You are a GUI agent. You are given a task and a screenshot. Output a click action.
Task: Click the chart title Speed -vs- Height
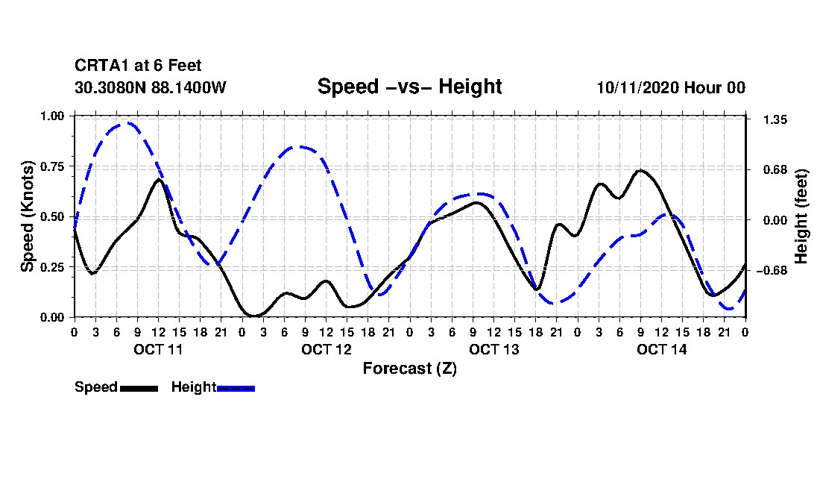point(409,87)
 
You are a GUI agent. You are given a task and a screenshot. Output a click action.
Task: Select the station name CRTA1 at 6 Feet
point(138,66)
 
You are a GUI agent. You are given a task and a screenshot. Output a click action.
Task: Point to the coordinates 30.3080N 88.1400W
point(150,87)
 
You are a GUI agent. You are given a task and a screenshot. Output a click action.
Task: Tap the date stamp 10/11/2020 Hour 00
point(671,87)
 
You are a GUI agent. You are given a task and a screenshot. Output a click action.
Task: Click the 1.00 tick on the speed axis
point(54,116)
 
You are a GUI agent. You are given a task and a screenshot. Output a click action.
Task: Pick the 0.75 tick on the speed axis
point(54,166)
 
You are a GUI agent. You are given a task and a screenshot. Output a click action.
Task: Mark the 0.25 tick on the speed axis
point(54,267)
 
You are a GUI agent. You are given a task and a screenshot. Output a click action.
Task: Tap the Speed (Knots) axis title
point(28,216)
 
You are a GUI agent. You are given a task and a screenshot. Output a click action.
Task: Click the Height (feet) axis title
point(801,216)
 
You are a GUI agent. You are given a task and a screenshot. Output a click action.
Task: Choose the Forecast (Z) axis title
point(409,369)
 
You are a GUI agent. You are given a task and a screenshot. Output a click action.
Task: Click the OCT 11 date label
point(157,349)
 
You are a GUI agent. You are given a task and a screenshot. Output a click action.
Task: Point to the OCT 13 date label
point(493,349)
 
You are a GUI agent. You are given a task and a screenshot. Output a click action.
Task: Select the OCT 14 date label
point(661,349)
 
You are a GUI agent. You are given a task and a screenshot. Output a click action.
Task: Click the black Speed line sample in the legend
point(139,388)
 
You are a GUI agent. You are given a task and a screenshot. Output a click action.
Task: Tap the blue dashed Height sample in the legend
point(236,388)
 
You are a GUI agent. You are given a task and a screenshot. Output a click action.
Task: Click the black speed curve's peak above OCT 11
point(158,179)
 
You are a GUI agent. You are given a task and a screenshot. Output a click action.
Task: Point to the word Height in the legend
point(193,387)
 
